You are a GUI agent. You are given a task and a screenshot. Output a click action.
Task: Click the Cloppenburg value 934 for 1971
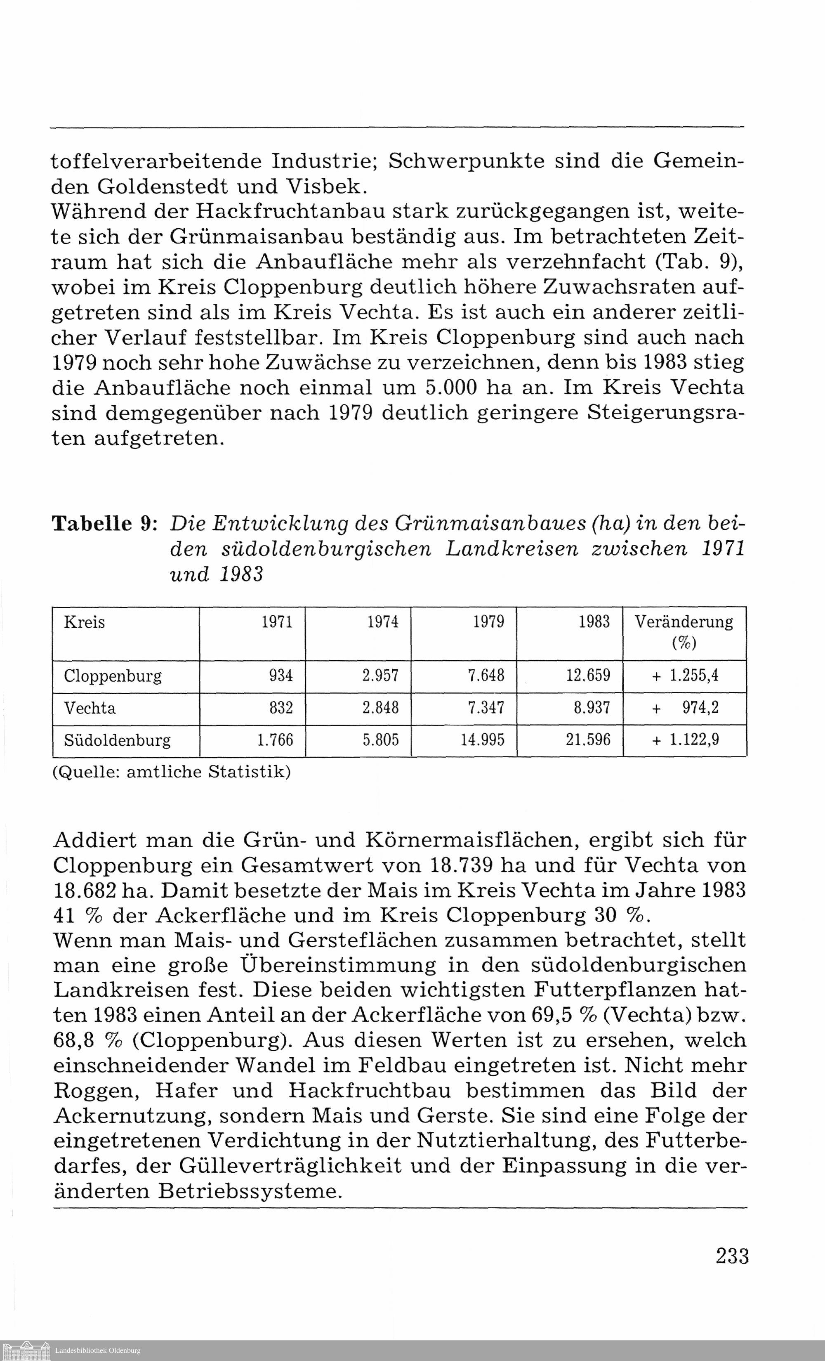pos(280,676)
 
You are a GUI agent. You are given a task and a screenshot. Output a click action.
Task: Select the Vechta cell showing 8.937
pos(592,708)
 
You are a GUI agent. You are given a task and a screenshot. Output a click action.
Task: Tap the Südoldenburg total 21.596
pos(588,740)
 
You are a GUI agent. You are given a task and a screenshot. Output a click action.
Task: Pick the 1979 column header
pos(488,622)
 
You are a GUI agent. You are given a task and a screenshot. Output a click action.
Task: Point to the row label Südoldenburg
pos(117,740)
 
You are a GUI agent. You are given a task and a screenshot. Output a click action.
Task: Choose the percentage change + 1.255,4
pos(685,676)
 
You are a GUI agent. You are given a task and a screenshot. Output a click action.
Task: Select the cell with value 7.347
pos(486,708)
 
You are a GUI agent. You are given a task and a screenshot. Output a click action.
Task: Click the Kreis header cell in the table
pos(85,622)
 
